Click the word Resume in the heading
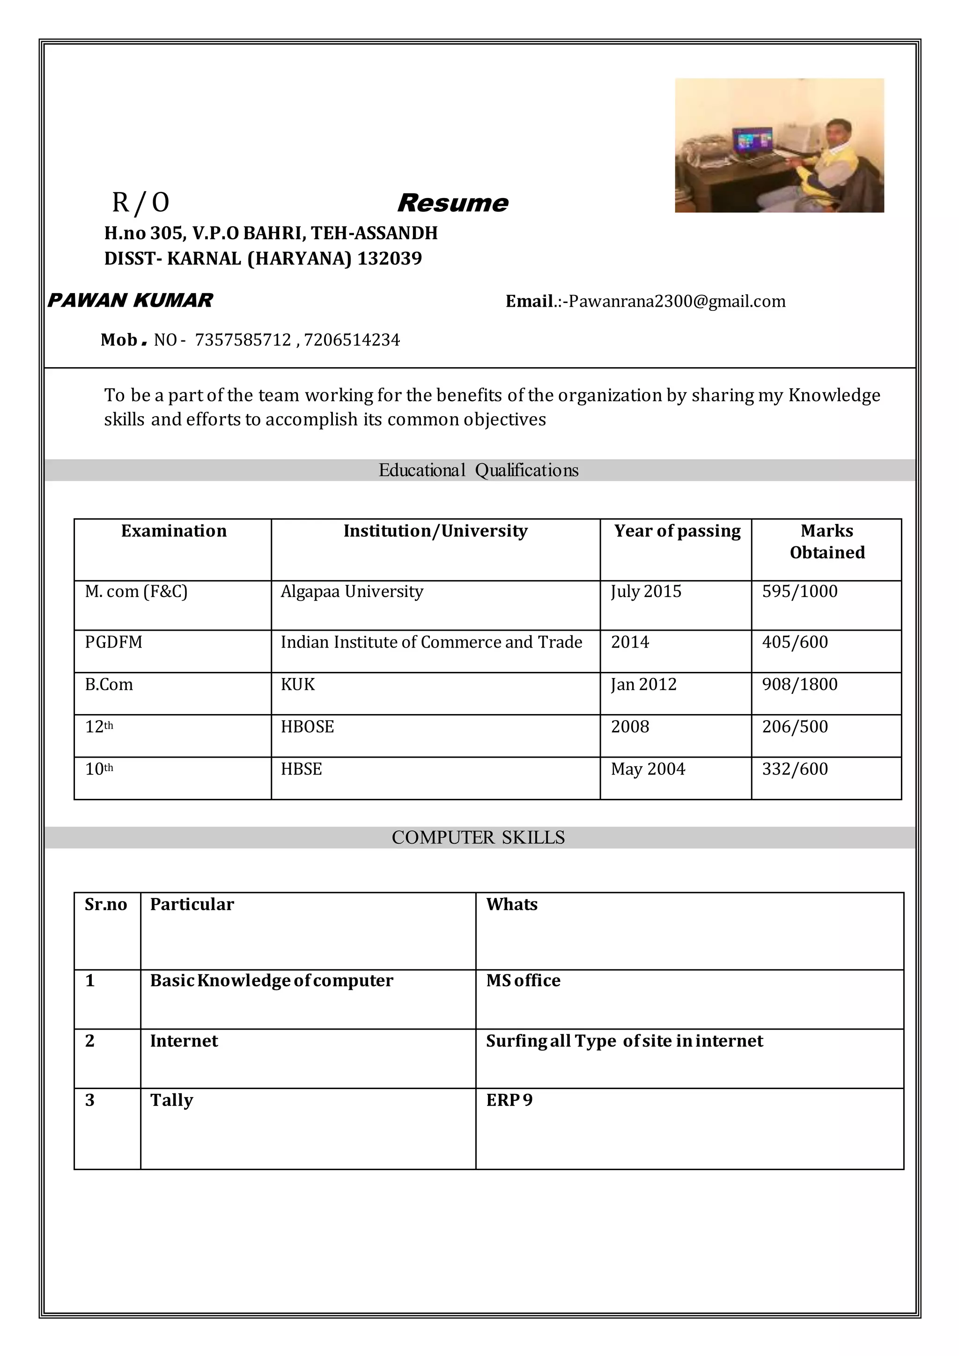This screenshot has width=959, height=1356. pos(452,203)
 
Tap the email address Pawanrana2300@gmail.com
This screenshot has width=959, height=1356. pos(677,302)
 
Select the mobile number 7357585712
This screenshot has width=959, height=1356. pos(243,340)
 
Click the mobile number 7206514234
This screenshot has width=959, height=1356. pos(352,340)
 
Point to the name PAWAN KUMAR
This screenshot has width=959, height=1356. pos(130,301)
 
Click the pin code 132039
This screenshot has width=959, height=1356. pos(389,258)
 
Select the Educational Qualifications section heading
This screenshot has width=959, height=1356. pos(478,471)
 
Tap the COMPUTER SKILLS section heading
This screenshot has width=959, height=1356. pos(478,838)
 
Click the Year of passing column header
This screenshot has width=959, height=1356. pos(677,531)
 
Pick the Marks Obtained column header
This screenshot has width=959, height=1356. pos(827,542)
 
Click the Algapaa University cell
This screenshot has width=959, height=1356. pos(352,592)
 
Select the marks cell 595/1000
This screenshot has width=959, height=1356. pos(800,592)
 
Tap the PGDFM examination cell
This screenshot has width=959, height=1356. pos(113,642)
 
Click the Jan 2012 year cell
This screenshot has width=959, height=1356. pos(644,685)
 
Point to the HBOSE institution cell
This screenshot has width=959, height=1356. pos(307,727)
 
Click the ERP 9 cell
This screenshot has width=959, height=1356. pos(509,1100)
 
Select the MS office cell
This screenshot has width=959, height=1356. pos(523,980)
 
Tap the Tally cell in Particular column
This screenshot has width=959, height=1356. pos(171,1100)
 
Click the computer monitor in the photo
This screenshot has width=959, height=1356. pos(752,140)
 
